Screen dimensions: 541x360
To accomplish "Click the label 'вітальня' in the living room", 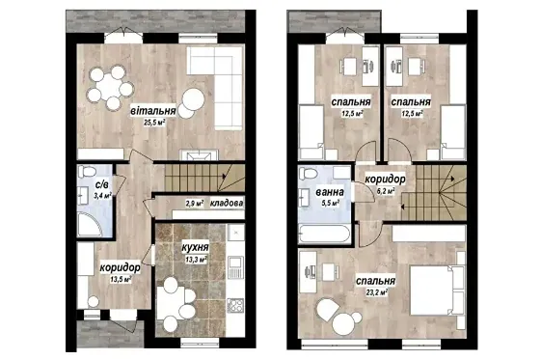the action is (x=153, y=111).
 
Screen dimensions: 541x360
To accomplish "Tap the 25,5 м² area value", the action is (x=154, y=122).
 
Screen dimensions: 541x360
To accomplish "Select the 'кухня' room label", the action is (x=196, y=247).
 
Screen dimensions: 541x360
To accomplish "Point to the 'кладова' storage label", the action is (x=227, y=204).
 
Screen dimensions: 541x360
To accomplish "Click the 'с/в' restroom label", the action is (x=102, y=184).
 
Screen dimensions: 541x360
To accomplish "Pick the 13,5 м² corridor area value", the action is (x=121, y=279).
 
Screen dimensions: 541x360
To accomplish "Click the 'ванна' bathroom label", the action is (x=330, y=192).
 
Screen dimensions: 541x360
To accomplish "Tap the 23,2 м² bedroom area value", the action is (x=377, y=292).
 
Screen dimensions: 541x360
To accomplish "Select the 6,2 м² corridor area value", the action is (x=386, y=191).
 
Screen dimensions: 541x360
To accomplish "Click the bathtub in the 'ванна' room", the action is (x=324, y=234).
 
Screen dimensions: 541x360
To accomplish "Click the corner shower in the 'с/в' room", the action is (x=90, y=224).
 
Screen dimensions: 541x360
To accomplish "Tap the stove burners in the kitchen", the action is (x=235, y=305).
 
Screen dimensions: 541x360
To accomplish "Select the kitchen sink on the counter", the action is (x=235, y=266).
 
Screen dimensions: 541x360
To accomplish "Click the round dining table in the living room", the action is (x=110, y=87).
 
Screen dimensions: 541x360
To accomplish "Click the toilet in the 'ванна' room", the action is (x=309, y=174).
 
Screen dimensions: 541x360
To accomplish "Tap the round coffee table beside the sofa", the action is (x=193, y=99).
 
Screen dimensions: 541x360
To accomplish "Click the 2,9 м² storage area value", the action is (x=194, y=204).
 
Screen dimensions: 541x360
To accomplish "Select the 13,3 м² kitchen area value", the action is (x=196, y=259).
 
